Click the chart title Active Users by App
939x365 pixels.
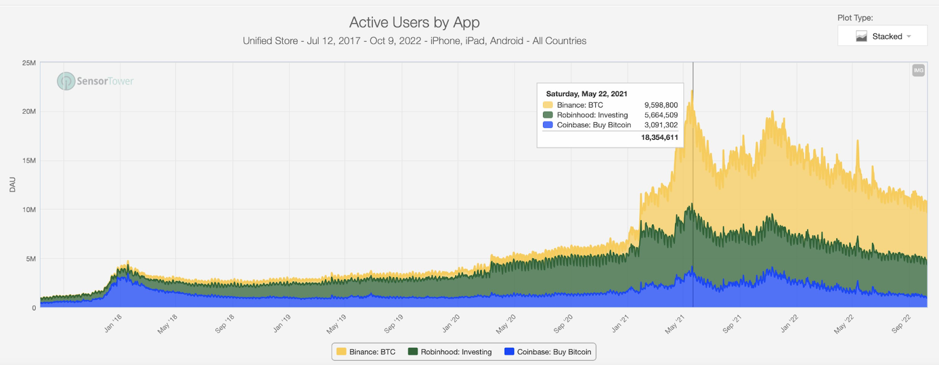tap(414, 22)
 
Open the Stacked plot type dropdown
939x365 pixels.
tap(882, 36)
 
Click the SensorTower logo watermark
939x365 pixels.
tap(96, 81)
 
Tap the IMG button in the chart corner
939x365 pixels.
tap(918, 70)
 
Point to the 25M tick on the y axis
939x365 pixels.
tap(29, 63)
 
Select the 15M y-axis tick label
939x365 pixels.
tap(29, 161)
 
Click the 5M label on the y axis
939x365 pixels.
tap(31, 259)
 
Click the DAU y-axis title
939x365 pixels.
tap(12, 184)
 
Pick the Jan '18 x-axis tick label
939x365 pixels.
tap(113, 323)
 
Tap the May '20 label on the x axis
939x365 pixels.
tap(506, 324)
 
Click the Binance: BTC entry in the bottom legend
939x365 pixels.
tap(366, 352)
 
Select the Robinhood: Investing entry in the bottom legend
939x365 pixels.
tap(450, 352)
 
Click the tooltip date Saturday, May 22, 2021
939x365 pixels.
tap(586, 94)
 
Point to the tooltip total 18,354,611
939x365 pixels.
tap(659, 137)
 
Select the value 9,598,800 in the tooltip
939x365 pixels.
tap(661, 105)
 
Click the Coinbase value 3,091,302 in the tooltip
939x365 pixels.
tap(661, 125)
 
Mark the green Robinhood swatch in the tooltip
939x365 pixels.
tap(548, 115)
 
